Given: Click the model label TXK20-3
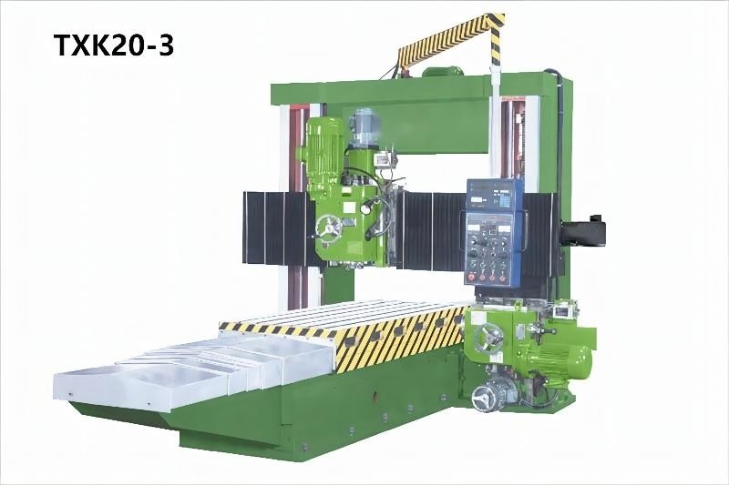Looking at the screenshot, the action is point(115,46).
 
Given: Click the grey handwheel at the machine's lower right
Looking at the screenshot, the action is point(484,398).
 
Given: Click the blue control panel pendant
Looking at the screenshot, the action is point(494,232).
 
